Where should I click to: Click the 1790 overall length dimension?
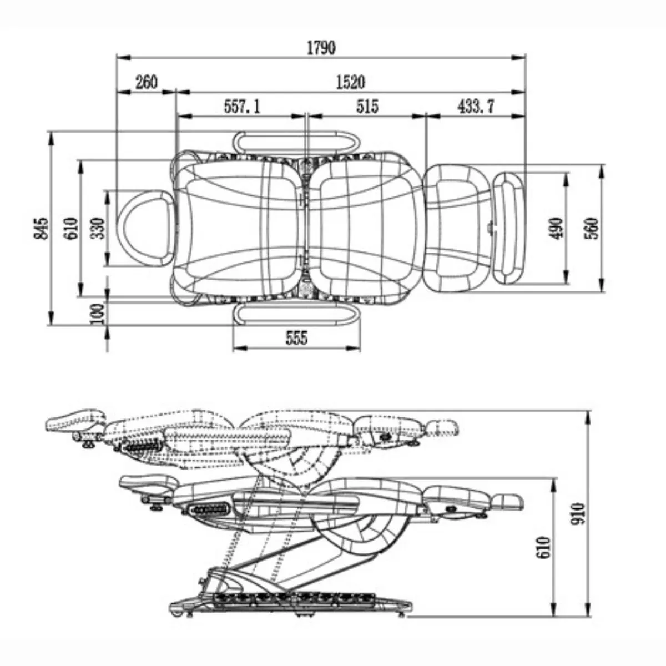tap(321, 48)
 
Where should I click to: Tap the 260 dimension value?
tap(146, 82)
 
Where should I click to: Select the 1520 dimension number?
tap(350, 82)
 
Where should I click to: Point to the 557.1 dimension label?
tap(242, 106)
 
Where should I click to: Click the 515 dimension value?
tap(367, 106)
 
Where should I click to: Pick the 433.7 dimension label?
tap(476, 106)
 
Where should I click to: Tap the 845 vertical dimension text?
tap(41, 228)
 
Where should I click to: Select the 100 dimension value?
tap(97, 314)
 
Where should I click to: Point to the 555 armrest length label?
tap(296, 337)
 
